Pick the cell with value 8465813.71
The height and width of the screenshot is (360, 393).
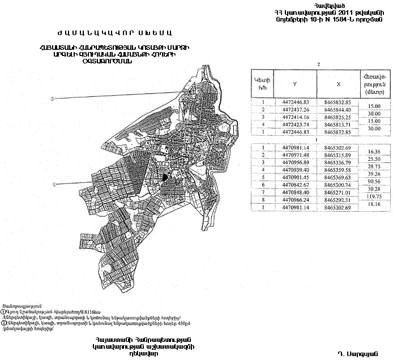point(338,125)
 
